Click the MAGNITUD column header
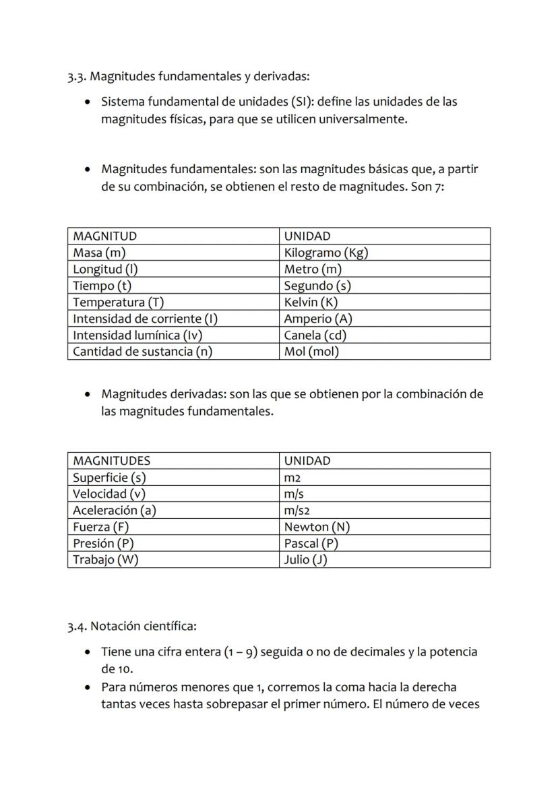(x=104, y=236)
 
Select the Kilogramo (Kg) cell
(x=325, y=253)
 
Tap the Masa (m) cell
(x=99, y=253)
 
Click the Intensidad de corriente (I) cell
(x=145, y=319)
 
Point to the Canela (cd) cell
(x=315, y=335)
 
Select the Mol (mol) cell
(x=311, y=351)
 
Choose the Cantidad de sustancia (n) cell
(x=142, y=351)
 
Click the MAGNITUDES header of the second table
(x=111, y=461)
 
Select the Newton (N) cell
(x=317, y=527)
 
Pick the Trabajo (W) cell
(x=105, y=559)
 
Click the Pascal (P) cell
(x=311, y=543)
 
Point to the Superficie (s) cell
(x=109, y=478)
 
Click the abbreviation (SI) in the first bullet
(x=302, y=102)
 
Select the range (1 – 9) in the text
(x=240, y=652)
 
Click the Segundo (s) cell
(x=317, y=286)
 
